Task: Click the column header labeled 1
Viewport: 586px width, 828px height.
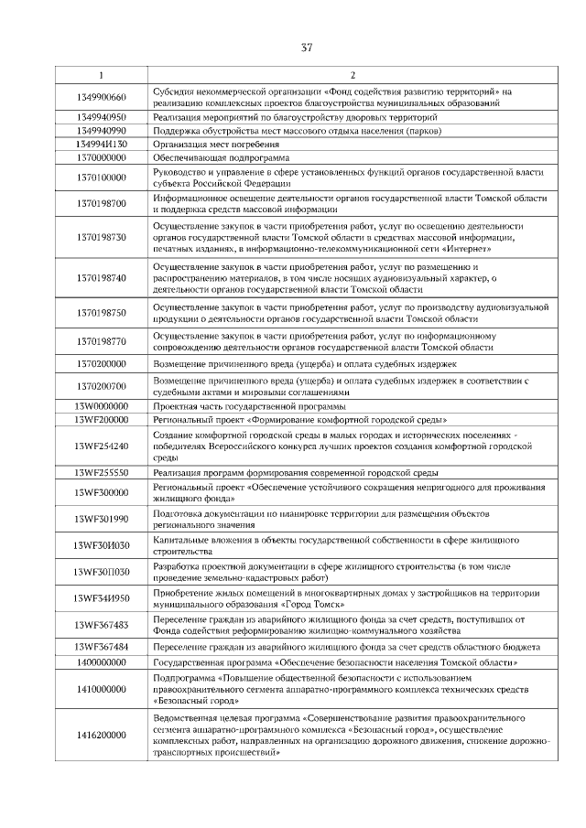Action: [101, 75]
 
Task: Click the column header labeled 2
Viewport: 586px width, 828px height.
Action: [353, 75]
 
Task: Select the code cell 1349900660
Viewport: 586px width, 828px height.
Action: [101, 98]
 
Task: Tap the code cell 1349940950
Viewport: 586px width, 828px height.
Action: [101, 118]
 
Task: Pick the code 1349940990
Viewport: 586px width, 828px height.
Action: [101, 131]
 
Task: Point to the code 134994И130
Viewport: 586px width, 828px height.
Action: [101, 145]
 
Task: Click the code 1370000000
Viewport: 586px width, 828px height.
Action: [101, 157]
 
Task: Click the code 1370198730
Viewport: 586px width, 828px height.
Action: [101, 237]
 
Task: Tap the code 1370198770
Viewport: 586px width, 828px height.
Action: [101, 342]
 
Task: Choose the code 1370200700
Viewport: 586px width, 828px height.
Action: [101, 386]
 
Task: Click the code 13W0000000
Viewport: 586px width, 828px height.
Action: [101, 405]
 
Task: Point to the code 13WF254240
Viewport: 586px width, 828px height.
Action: [101, 446]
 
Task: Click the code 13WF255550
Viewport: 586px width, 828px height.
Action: [101, 472]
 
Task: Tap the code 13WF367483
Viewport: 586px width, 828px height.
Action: [101, 625]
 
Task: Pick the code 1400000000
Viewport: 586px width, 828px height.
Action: [101, 661]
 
